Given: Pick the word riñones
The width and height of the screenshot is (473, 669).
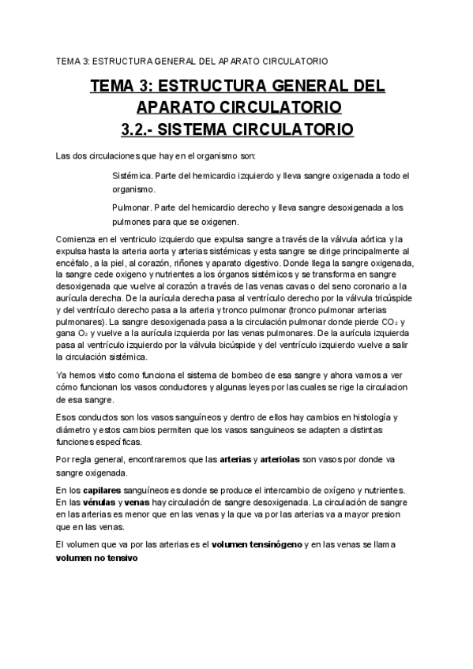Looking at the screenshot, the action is (203, 266).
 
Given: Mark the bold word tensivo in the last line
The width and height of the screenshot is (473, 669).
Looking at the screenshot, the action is (121, 558).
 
